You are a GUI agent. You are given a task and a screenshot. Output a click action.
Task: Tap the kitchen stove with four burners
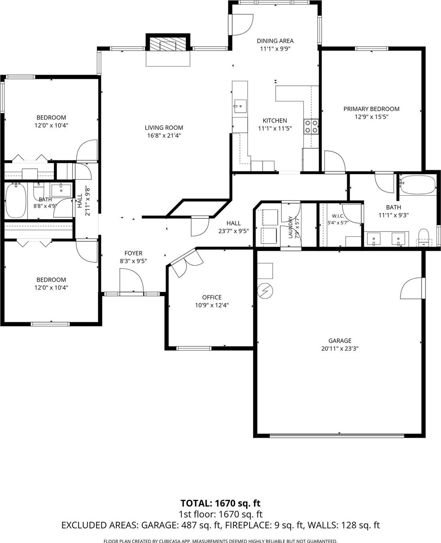[x=311, y=127]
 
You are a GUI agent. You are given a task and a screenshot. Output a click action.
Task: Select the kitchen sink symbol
[x=240, y=106]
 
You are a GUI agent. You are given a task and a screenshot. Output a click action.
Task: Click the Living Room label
[x=164, y=127]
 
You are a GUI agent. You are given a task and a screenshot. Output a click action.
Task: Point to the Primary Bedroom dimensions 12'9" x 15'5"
[x=371, y=117]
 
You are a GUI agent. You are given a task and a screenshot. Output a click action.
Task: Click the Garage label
[x=340, y=340]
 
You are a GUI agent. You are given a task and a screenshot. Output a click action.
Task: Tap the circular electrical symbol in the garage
[x=265, y=290]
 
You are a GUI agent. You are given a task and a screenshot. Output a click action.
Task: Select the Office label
[x=212, y=297]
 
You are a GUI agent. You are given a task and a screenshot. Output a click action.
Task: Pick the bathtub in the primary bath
[x=418, y=185]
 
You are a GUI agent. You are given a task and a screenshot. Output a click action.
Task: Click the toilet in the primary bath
[x=423, y=238]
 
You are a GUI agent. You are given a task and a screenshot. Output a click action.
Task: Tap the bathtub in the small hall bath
[x=16, y=200]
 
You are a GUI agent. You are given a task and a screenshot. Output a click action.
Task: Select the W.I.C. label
[x=338, y=216]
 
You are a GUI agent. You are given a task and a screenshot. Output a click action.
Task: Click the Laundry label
[x=290, y=227]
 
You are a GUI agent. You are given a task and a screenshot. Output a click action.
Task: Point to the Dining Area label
[x=275, y=41]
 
